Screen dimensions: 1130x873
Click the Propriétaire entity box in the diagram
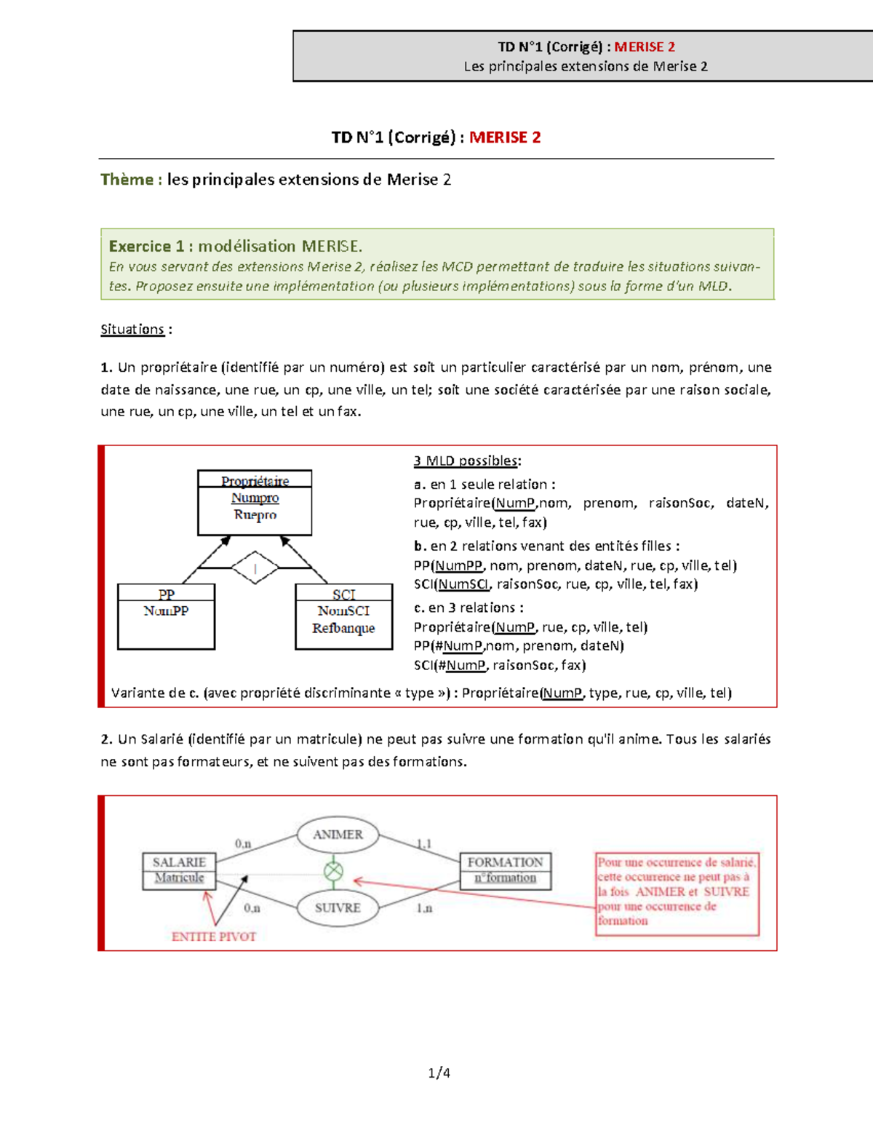255,502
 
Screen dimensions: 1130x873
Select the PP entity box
166,616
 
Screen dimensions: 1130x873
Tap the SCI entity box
343,616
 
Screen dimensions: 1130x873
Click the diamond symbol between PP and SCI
255,568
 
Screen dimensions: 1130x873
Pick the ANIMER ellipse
338,835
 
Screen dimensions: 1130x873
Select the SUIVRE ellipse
338,907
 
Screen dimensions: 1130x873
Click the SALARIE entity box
179,870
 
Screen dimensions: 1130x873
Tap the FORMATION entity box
505,870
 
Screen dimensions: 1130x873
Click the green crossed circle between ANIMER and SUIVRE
333,870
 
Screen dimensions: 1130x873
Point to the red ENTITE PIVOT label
214,936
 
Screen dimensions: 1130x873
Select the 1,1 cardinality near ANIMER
424,843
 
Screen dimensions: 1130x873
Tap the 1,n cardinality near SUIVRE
424,908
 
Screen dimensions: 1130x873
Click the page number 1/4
439,1073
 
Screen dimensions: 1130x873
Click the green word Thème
127,180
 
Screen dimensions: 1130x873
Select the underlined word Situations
132,330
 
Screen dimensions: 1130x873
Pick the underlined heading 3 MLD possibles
466,461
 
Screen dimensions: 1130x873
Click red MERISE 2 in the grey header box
645,47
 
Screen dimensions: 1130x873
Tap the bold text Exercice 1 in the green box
146,246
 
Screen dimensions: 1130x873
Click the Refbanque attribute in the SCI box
343,628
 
